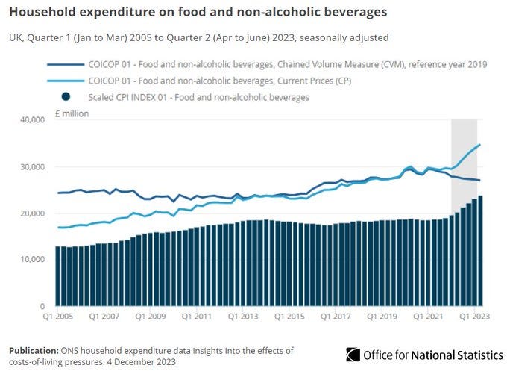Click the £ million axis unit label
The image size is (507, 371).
[71, 113]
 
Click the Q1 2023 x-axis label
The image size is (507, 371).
[473, 317]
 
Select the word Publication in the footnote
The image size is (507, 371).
[33, 349]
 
